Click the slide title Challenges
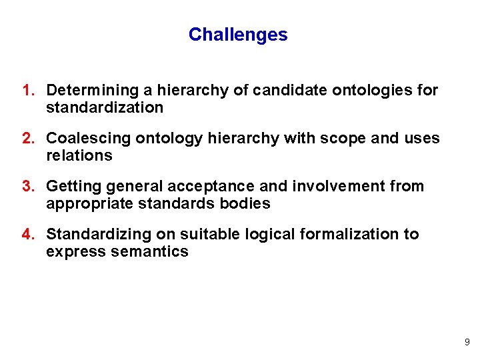point(238,35)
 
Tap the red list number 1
point(27,90)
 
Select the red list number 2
point(27,138)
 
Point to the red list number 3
point(27,186)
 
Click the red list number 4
point(27,234)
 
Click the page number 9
point(467,342)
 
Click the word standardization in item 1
point(105,107)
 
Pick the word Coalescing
point(88,138)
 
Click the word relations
point(79,155)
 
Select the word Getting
point(71,186)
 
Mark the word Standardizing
point(94,234)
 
